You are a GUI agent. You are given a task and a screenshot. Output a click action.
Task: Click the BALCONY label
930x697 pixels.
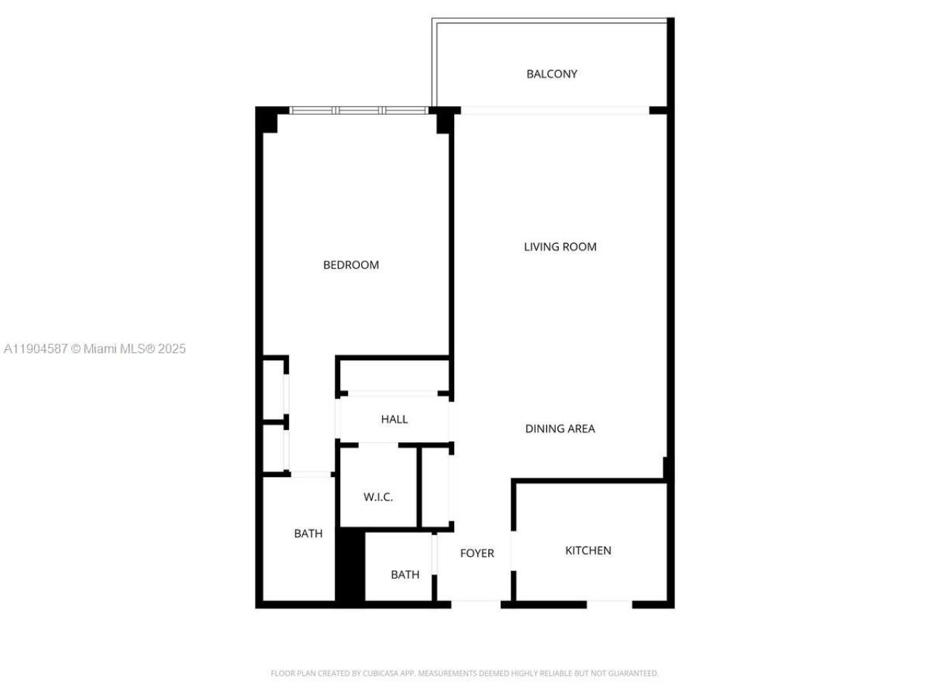tap(551, 74)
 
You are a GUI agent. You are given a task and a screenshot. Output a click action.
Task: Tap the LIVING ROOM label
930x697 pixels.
tap(560, 247)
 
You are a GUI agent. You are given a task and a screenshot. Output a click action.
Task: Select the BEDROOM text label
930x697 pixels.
tap(351, 265)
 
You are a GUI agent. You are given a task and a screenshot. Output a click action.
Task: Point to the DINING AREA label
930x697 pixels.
tap(559, 429)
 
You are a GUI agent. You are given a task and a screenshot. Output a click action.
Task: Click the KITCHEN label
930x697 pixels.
tap(588, 550)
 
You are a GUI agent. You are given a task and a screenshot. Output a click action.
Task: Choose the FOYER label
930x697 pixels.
tap(477, 553)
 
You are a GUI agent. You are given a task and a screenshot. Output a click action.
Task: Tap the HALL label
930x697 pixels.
tap(394, 419)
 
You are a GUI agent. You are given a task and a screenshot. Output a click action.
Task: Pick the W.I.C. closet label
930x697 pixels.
tap(378, 497)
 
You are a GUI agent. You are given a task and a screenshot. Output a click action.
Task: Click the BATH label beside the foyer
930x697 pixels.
tap(405, 575)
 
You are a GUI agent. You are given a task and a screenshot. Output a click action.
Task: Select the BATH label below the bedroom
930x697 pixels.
tap(308, 534)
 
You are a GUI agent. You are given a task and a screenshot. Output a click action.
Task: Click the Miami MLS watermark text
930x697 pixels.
tap(94, 348)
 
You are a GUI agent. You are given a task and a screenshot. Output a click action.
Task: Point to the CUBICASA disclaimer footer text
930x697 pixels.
tap(464, 673)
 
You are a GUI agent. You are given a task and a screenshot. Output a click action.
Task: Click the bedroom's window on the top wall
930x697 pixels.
tap(358, 110)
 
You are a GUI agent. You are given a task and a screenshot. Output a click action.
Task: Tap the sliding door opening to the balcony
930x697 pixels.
tap(554, 110)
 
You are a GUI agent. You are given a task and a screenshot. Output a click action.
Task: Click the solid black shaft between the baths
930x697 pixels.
tap(349, 566)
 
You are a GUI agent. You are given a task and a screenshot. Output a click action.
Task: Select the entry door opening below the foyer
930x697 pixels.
tap(476, 603)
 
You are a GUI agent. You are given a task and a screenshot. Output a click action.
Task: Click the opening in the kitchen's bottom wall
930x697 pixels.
tap(609, 603)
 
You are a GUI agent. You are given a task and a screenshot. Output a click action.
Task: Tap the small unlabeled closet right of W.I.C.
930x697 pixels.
tap(436, 486)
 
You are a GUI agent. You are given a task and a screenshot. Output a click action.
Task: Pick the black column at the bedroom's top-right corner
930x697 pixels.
tap(444, 121)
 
